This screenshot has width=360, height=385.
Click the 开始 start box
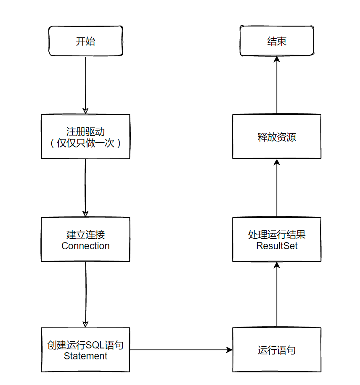pos(85,41)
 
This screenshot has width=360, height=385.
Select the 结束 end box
pos(277,41)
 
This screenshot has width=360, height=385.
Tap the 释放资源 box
pos(277,137)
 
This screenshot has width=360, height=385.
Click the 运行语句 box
pos(277,350)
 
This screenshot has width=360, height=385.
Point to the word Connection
pos(85,246)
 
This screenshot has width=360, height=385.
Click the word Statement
pos(85,356)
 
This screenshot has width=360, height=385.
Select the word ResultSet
pos(277,246)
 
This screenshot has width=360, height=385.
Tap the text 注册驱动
pos(85,132)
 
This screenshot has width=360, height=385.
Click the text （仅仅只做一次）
pos(85,143)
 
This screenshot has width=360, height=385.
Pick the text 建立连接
pos(85,235)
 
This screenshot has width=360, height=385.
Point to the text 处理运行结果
pos(277,235)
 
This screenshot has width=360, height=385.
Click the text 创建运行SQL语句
pos(85,345)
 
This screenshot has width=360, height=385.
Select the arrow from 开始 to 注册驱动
pos(85,84)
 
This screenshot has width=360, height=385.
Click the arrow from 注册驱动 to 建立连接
pos(85,187)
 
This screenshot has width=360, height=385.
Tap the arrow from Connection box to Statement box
pos(85,294)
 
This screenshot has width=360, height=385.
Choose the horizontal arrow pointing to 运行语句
pos(181,350)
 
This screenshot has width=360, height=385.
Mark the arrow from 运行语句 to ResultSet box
pos(277,294)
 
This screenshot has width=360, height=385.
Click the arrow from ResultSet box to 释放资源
pos(277,187)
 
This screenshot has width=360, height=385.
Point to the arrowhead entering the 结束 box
pos(277,60)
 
